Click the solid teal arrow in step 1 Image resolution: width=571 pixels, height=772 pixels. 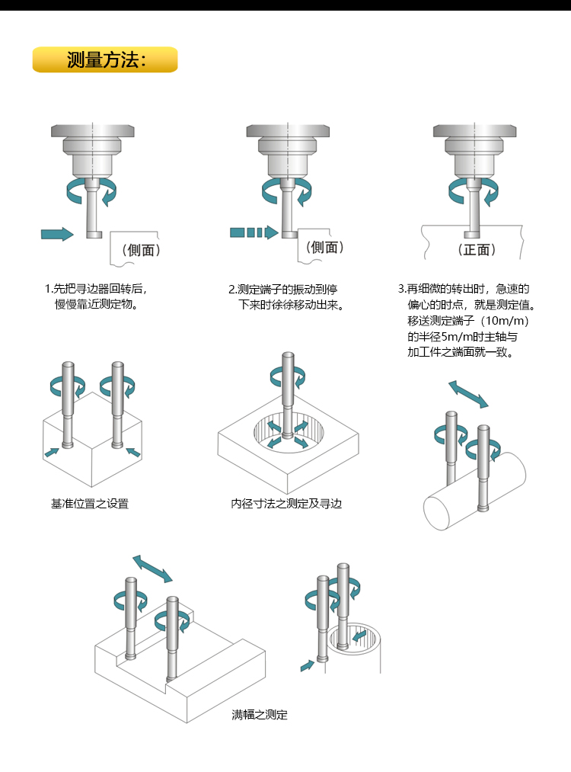[x=57, y=233]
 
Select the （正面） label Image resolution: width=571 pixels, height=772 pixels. [x=477, y=249]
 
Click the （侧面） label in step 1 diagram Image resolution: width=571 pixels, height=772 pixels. [x=141, y=249]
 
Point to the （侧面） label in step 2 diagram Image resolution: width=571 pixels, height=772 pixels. [x=325, y=247]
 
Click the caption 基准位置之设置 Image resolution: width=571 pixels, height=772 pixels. [x=90, y=504]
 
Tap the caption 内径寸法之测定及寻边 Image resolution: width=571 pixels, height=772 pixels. [x=287, y=504]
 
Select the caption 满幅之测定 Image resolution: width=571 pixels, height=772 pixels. [x=260, y=715]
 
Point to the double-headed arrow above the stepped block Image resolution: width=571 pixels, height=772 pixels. [x=152, y=568]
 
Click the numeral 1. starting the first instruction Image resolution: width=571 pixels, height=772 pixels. [x=47, y=290]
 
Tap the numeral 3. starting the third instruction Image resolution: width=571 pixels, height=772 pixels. [x=402, y=290]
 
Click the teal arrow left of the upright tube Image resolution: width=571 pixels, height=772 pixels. [x=306, y=666]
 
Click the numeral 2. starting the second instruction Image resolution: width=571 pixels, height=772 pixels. [x=232, y=290]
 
